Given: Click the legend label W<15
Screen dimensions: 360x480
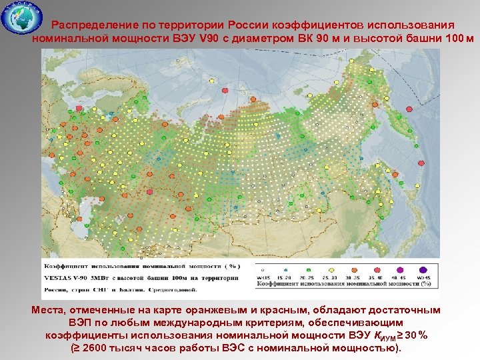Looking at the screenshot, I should click(263, 277).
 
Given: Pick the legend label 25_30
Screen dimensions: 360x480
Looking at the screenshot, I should click(329, 277).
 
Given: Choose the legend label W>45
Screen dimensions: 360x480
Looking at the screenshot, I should click(423, 277).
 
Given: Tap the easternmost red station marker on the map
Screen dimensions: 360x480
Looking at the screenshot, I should click(421, 162).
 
